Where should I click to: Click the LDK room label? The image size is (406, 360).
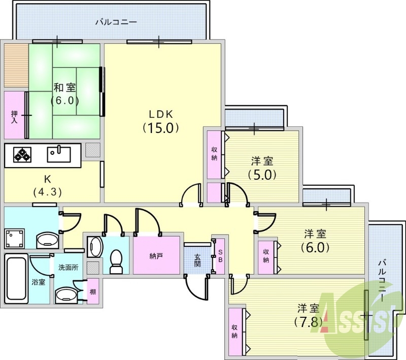[160, 114]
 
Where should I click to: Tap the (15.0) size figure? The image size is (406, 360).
[161, 127]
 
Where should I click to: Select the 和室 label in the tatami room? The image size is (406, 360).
[65, 87]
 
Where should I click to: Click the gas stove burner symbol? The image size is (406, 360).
[22, 155]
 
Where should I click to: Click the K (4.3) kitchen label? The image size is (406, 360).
[47, 185]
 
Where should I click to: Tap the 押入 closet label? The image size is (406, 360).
[14, 117]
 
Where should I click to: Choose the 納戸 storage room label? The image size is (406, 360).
[156, 256]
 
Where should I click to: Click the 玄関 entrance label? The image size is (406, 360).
[197, 260]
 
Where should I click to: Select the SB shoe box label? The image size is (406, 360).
[220, 256]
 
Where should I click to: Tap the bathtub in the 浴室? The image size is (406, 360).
[16, 279]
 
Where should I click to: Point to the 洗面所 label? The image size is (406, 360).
[69, 267]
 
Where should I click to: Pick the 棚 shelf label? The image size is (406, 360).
[93, 291]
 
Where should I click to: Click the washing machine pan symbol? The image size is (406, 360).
[15, 238]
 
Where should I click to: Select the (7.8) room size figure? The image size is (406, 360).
[308, 322]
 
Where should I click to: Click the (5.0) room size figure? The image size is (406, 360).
[262, 175]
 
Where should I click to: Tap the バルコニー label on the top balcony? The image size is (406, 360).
[116, 22]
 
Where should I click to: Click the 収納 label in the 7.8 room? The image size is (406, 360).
[234, 332]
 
